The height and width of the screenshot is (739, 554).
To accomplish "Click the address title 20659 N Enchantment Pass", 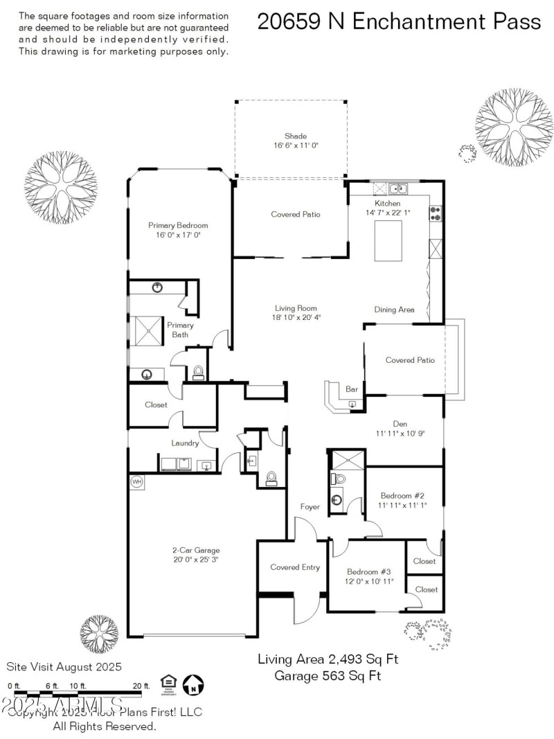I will click(x=399, y=21).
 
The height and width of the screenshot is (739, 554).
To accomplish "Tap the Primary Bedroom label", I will click(x=178, y=225).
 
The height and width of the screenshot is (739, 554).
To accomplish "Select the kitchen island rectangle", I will click(x=388, y=241).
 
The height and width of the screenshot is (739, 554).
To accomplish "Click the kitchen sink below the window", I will click(x=397, y=188).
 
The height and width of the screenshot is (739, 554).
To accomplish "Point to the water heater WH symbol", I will click(x=136, y=482).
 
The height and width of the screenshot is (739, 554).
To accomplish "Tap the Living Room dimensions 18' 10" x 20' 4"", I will click(x=297, y=317).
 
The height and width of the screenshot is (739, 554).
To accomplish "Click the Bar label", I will click(x=352, y=389).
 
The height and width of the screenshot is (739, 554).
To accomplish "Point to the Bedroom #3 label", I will click(x=369, y=571).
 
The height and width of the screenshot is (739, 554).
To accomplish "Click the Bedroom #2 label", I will click(x=402, y=495).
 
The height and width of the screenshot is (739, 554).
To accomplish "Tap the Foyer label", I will click(x=310, y=507).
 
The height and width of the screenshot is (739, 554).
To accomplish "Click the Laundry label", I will click(x=185, y=443).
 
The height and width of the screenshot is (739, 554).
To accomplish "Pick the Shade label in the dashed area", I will click(x=295, y=136).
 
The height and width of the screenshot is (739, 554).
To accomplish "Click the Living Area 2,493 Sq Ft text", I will click(x=328, y=659).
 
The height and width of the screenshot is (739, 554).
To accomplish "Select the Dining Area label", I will click(x=394, y=310).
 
